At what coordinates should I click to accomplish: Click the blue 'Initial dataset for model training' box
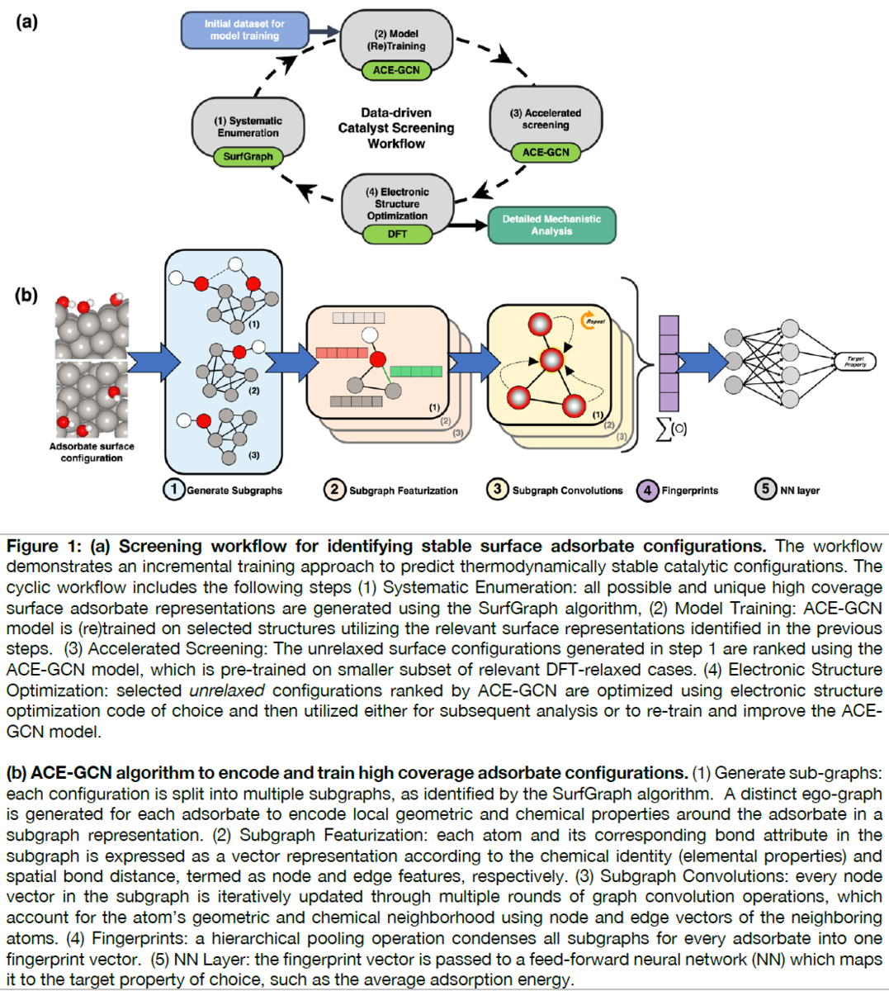click(x=244, y=31)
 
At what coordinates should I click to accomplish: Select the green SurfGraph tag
click(x=248, y=157)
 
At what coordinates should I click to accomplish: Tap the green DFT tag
click(x=397, y=234)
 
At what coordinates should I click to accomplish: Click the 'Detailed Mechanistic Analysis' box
click(x=551, y=225)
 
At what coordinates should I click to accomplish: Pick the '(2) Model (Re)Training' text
click(x=396, y=40)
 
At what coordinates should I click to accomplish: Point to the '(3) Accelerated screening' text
click(x=546, y=119)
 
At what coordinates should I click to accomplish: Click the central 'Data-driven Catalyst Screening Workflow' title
click(x=396, y=128)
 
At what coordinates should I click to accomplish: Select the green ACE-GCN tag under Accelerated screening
click(x=546, y=153)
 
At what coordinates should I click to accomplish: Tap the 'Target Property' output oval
click(x=855, y=362)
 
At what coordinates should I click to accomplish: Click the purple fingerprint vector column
click(x=669, y=363)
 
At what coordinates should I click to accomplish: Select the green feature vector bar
click(x=416, y=372)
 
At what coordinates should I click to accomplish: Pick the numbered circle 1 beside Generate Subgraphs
click(x=173, y=489)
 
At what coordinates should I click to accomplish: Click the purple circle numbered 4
click(x=647, y=490)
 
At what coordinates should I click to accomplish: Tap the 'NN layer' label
click(x=800, y=491)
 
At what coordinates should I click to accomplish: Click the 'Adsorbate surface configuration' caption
click(x=92, y=452)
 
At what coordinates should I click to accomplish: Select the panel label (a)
click(x=27, y=22)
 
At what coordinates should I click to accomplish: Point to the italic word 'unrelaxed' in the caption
click(x=227, y=690)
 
